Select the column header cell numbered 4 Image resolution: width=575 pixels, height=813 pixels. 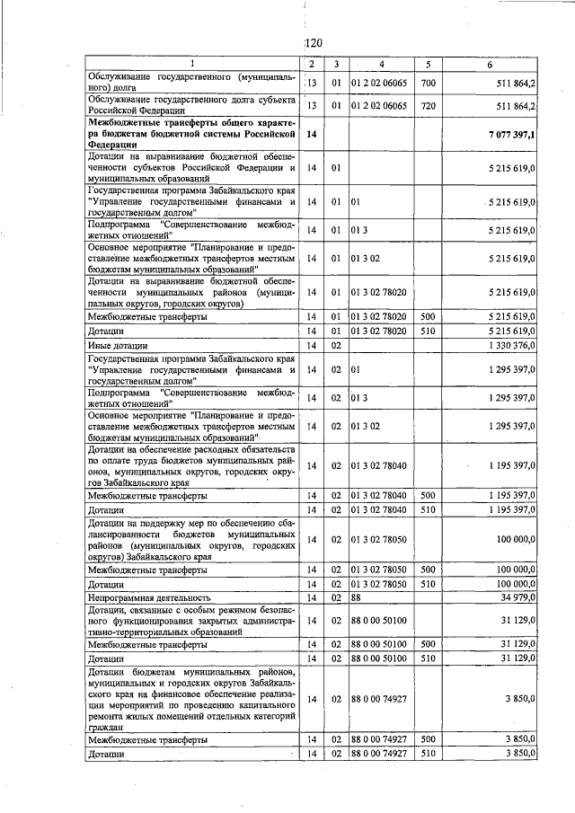click(381, 65)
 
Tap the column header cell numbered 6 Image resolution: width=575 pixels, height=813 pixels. click(490, 65)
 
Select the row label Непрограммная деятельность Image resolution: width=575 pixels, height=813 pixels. click(148, 596)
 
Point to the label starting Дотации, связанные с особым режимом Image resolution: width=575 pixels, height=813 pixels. click(191, 620)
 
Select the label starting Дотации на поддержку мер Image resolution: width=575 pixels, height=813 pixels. click(191, 539)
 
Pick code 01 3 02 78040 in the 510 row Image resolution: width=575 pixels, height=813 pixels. click(379, 510)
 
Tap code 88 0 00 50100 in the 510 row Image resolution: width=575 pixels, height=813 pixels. click(379, 658)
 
